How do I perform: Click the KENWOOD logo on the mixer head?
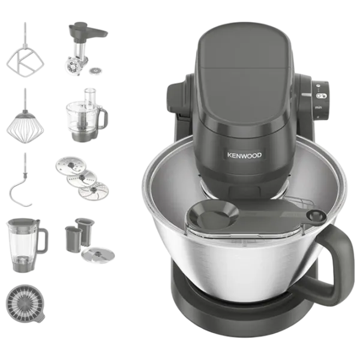(x=244, y=155)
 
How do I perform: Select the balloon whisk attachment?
(x=25, y=124)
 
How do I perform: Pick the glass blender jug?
(x=27, y=245)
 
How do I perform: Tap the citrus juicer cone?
(x=25, y=304)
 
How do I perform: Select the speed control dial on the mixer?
(x=320, y=100)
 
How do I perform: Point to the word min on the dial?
(x=318, y=107)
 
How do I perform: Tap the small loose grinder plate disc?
(x=95, y=71)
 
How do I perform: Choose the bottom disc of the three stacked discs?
(x=94, y=191)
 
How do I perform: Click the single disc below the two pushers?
(x=98, y=255)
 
